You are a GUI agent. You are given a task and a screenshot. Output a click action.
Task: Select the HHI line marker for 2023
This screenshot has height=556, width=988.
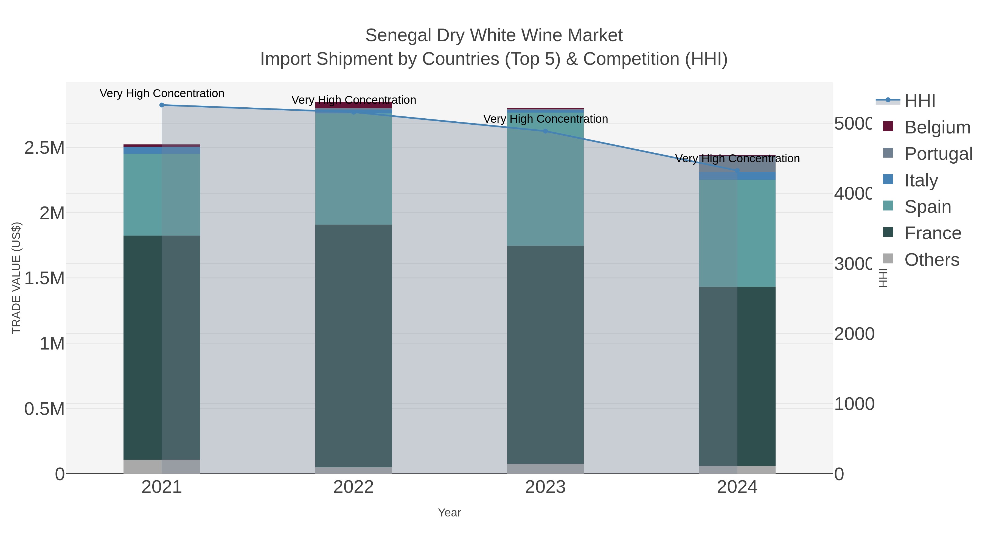(x=545, y=131)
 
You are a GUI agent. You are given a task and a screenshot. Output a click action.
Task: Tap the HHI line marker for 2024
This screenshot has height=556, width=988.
(x=737, y=171)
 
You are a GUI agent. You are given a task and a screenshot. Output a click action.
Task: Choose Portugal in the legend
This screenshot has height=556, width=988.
(x=938, y=154)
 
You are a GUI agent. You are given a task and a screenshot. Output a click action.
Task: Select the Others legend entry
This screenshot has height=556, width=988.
(x=932, y=260)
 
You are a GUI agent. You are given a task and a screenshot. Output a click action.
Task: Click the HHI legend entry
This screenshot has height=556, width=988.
(x=920, y=101)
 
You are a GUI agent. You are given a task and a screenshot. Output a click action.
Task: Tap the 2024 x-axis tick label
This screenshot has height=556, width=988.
(x=737, y=487)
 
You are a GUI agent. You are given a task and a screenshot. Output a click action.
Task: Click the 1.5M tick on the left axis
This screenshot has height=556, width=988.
(x=44, y=278)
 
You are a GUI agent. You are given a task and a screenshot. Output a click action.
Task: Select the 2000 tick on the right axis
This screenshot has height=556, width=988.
(x=854, y=334)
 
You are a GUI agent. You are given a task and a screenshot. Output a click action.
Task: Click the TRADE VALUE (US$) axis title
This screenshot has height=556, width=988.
(x=16, y=278)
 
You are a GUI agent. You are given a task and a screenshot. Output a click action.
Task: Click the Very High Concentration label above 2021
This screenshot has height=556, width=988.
(x=162, y=94)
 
